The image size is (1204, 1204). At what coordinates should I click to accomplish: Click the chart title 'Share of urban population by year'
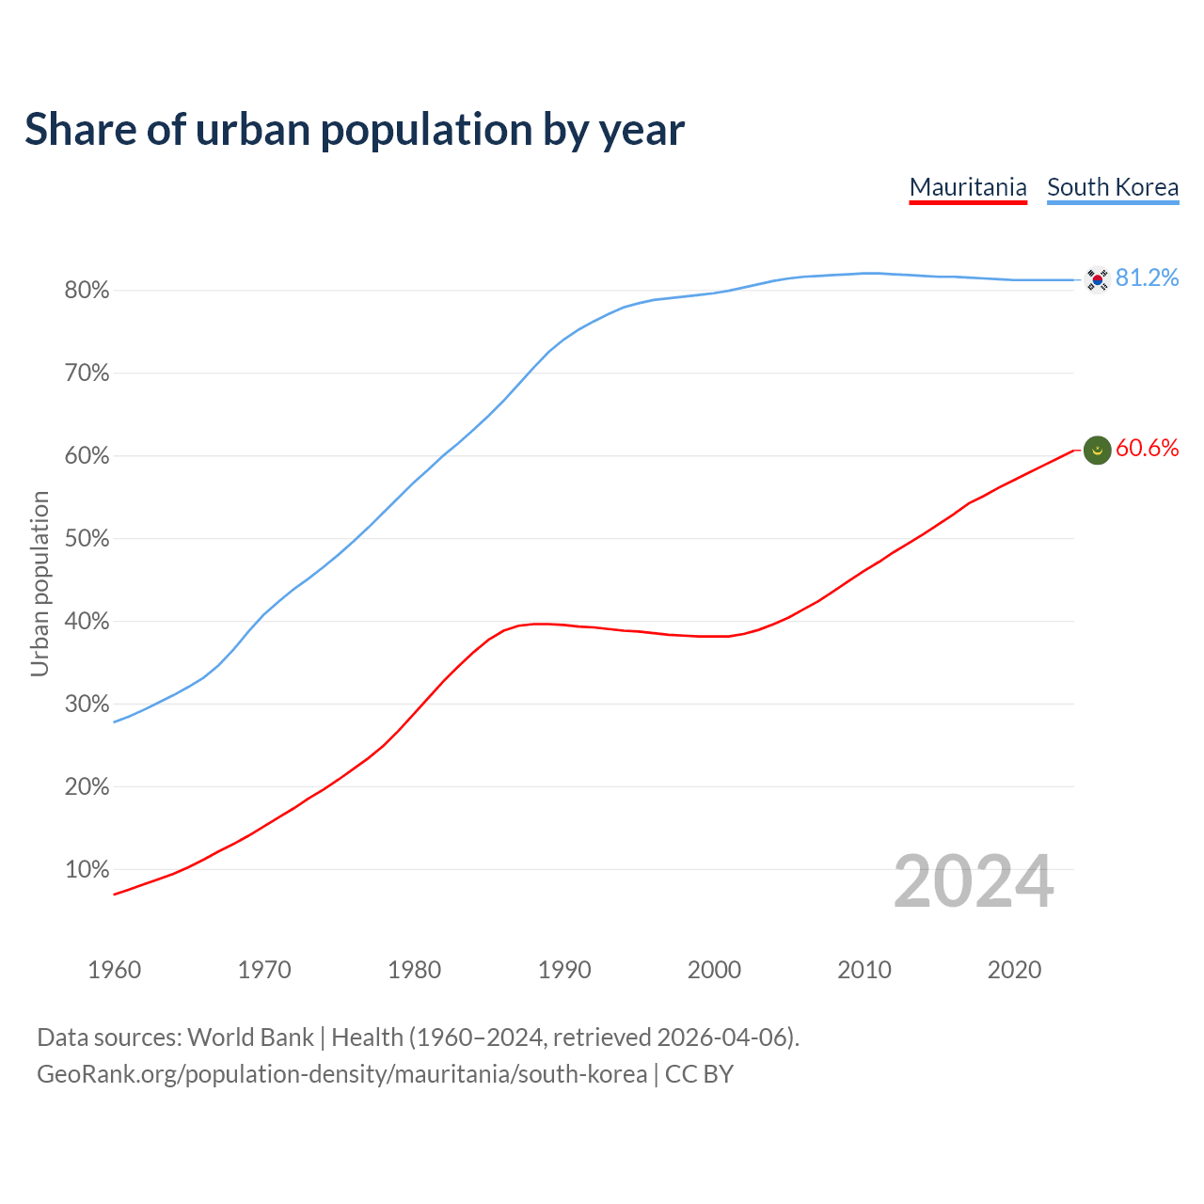click(x=355, y=130)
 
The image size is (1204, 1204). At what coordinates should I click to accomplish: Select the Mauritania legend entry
click(x=968, y=187)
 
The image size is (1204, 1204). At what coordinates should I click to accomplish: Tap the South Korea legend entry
click(x=1113, y=187)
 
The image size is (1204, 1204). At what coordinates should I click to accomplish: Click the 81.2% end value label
click(x=1147, y=278)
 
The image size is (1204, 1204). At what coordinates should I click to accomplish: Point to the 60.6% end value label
click(x=1147, y=449)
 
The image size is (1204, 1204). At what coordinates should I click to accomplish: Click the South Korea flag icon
click(x=1097, y=279)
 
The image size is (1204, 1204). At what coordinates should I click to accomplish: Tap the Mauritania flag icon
click(x=1097, y=451)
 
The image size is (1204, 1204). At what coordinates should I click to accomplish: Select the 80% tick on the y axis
click(x=87, y=291)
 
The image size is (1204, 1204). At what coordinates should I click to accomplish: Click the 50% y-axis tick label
click(x=87, y=539)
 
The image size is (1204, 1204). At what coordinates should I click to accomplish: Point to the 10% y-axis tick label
click(x=87, y=870)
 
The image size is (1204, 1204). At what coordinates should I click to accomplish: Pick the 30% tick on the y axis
click(x=87, y=705)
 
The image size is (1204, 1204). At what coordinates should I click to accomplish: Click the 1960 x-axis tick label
click(x=114, y=970)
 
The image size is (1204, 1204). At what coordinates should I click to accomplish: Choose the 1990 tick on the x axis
click(x=564, y=970)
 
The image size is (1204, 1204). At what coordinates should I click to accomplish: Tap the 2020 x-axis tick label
click(x=1014, y=970)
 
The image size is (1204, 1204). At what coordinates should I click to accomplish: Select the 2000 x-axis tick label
click(x=714, y=970)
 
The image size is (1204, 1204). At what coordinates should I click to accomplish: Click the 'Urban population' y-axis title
click(x=40, y=583)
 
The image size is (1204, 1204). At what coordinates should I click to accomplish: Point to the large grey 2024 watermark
click(x=974, y=882)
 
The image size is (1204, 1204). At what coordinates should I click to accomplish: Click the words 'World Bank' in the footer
click(x=250, y=1038)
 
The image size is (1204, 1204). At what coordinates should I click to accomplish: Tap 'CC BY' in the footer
click(x=699, y=1074)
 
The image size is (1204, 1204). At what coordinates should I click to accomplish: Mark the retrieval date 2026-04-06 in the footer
click(x=722, y=1038)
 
